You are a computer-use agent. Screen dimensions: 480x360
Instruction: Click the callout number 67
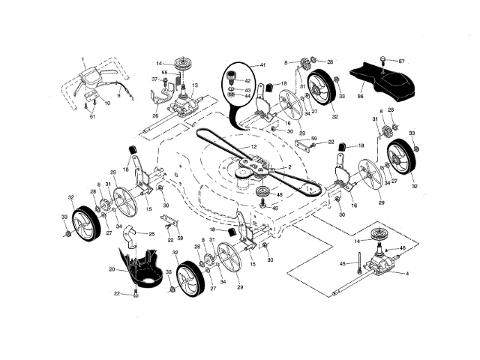click(401, 60)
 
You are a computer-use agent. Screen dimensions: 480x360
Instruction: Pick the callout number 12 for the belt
click(254, 145)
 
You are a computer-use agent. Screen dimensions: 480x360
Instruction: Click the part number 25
click(151, 235)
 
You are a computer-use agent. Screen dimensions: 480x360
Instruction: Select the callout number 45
click(342, 263)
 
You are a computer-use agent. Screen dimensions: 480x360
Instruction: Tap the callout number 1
click(82, 58)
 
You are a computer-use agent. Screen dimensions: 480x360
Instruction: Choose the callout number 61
click(93, 116)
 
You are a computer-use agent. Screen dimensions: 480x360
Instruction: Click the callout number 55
click(164, 73)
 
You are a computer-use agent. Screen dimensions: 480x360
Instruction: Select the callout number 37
click(154, 79)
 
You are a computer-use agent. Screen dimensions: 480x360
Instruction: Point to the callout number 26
click(155, 115)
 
